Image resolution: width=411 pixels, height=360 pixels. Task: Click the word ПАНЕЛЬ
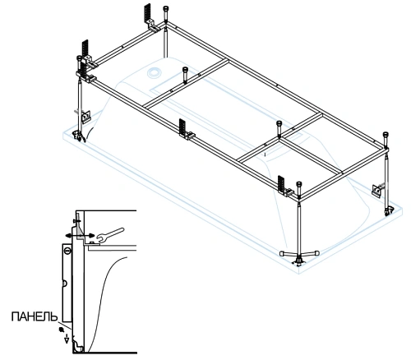tap(35, 316)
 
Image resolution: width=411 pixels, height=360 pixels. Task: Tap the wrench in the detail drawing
tap(110, 234)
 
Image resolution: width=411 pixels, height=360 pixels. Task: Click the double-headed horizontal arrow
tap(80, 236)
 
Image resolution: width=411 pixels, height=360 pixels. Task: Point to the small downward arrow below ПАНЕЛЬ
tap(67, 339)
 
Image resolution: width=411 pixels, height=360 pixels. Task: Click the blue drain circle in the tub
tap(155, 72)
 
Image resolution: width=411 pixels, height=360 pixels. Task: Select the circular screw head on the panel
tap(67, 250)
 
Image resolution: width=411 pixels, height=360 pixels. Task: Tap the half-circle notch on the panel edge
tap(65, 284)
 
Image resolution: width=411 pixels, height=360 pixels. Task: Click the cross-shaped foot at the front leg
tap(299, 255)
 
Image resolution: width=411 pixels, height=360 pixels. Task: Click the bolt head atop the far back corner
tap(166, 11)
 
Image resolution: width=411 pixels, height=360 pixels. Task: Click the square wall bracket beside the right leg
tap(376, 190)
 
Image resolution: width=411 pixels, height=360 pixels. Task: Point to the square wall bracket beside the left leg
tap(86, 116)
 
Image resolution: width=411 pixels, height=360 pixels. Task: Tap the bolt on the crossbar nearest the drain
tap(185, 73)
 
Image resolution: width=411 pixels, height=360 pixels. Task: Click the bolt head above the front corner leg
tap(299, 188)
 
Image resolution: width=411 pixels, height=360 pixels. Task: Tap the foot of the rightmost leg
tap(388, 211)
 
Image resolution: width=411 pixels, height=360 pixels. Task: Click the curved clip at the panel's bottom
tap(78, 346)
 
